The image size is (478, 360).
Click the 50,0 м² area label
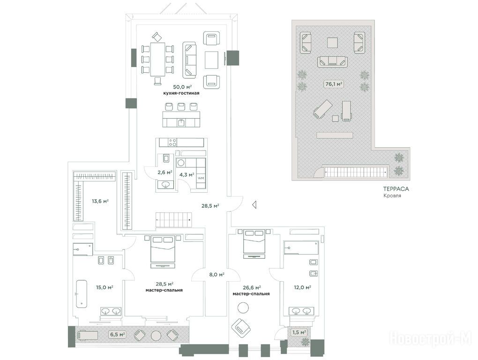[x=182, y=87]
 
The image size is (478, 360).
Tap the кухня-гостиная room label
[x=181, y=93]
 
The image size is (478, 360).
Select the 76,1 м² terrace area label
[x=334, y=84]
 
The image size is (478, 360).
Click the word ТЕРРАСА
[x=396, y=189]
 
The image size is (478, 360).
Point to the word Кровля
[x=392, y=195]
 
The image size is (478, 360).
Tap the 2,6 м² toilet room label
[x=165, y=172]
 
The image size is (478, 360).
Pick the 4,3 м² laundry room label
[x=187, y=175]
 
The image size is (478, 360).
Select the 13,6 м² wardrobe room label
[x=100, y=201]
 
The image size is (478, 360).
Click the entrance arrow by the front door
[x=254, y=205]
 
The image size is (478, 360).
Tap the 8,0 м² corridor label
[x=217, y=274]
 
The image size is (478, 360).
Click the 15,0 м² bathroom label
[x=105, y=287]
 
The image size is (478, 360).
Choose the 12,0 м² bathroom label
[x=302, y=287]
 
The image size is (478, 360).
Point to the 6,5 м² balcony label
[x=117, y=334]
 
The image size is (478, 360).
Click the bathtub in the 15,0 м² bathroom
[x=81, y=293]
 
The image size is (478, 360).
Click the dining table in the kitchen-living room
[x=157, y=60]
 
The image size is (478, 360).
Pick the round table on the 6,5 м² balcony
[x=156, y=335]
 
